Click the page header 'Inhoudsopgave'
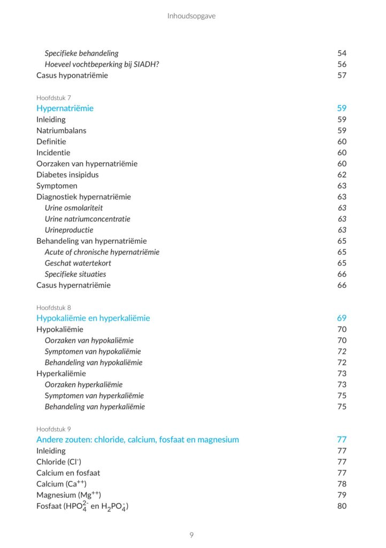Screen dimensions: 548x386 tap(191, 16)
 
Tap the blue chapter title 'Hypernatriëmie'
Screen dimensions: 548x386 tap(65, 108)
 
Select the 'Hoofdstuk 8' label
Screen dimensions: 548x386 tap(53, 308)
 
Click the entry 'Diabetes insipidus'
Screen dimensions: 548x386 tap(67, 174)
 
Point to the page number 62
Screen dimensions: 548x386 tap(342, 174)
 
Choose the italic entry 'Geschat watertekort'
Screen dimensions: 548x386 tap(78, 263)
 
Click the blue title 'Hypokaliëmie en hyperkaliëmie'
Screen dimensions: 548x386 tap(93, 318)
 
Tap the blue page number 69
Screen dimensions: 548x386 tap(342, 318)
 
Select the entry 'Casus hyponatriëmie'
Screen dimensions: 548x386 tap(72, 75)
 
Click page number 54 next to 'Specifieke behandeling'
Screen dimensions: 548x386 tap(342, 53)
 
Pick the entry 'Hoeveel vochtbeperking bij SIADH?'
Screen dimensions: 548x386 tap(102, 64)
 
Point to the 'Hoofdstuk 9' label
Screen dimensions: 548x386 tap(53, 429)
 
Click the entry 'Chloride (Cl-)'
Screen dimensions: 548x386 tap(59, 462)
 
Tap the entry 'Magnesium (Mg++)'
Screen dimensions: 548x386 tap(68, 495)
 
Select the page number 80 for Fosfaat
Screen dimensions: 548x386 tap(342, 506)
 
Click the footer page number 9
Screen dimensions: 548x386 tap(192, 535)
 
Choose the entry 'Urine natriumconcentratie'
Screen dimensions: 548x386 tap(87, 219)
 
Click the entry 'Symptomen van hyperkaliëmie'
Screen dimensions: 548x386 tap(94, 395)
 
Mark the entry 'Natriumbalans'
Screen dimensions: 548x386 tap(61, 131)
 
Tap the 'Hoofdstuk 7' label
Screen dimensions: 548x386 tap(53, 98)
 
